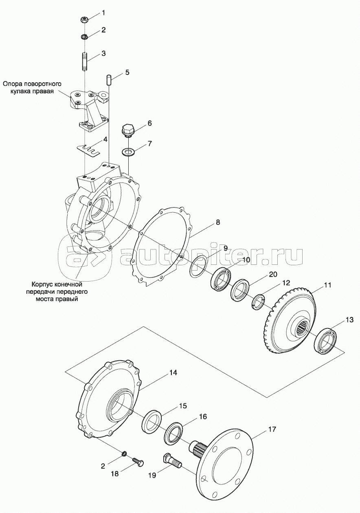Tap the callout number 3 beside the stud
103,53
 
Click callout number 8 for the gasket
218,222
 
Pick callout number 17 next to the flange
272,429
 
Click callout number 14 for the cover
173,372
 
